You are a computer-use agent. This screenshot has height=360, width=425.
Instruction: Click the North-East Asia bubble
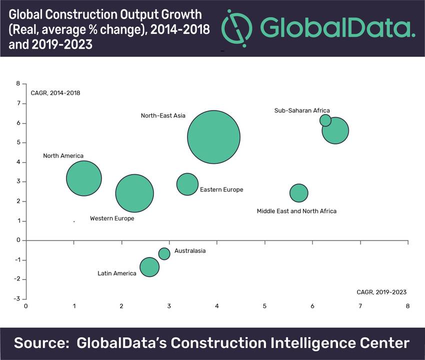(214, 137)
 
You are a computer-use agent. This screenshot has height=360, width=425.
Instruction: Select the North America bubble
(84, 178)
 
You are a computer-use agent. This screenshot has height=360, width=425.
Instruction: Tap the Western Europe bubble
(134, 193)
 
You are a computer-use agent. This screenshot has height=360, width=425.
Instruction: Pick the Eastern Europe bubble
(187, 184)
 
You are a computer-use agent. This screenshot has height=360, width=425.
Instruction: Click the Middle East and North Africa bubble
(298, 193)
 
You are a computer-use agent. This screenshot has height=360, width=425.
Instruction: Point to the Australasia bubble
(164, 253)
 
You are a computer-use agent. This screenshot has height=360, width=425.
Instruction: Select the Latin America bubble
(149, 267)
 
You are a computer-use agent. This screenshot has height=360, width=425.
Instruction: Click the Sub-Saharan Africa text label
(302, 110)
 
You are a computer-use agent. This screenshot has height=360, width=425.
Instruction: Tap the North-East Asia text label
(163, 115)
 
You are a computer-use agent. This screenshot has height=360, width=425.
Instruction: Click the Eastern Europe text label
(221, 189)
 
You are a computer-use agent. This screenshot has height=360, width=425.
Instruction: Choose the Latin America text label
(117, 273)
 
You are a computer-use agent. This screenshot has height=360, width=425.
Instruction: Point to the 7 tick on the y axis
(18, 103)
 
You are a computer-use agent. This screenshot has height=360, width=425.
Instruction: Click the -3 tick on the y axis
(17, 299)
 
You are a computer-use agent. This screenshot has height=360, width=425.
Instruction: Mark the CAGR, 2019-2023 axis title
(381, 292)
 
